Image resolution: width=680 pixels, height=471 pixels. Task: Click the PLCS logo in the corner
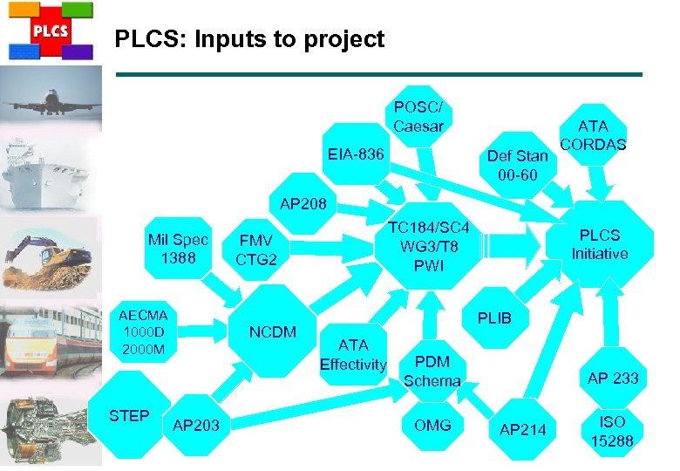tap(50, 31)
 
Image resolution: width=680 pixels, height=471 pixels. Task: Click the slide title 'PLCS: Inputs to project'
tap(249, 39)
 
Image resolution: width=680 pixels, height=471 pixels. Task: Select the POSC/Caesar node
tap(418, 117)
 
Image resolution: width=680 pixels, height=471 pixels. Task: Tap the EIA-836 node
tap(355, 154)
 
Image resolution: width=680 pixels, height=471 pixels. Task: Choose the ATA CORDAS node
tap(593, 135)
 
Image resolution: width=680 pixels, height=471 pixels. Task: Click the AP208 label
tap(303, 204)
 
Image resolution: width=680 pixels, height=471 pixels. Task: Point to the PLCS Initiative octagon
tap(599, 244)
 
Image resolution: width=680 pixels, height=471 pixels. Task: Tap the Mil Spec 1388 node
tap(178, 249)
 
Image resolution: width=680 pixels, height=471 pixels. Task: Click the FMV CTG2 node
tap(255, 250)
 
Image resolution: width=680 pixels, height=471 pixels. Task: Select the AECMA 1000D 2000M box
tap(143, 332)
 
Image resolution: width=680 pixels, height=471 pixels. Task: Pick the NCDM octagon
tap(273, 332)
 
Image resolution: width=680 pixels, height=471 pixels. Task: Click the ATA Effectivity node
tap(352, 355)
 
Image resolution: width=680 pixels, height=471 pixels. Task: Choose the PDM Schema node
tap(432, 371)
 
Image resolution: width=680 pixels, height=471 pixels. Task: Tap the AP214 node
tap(522, 429)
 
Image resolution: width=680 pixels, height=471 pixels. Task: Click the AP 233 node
tap(613, 378)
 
